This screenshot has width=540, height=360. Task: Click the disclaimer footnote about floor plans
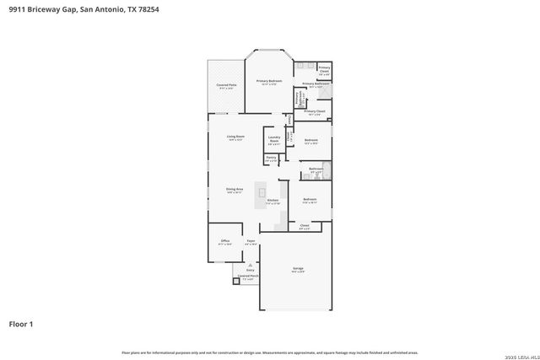[x=269, y=352]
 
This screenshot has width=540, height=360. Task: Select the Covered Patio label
[x=225, y=85]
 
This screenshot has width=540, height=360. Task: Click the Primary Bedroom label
[x=269, y=82]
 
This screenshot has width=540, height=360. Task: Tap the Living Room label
[x=235, y=137]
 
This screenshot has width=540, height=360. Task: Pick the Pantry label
[x=271, y=158]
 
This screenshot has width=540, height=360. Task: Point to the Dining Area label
[x=235, y=190]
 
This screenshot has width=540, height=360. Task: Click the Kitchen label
[x=273, y=201]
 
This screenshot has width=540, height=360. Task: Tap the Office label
[x=225, y=241]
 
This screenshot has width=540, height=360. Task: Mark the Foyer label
[x=250, y=241]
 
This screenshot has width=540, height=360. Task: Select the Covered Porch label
[x=248, y=277]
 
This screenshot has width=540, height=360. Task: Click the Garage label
[x=298, y=269]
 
